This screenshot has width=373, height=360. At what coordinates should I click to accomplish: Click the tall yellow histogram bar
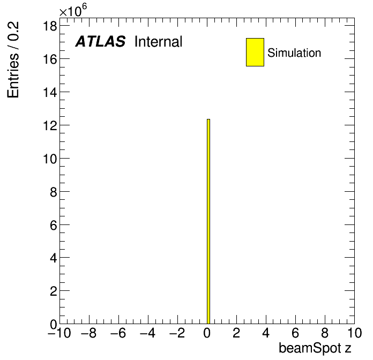pos(208,221)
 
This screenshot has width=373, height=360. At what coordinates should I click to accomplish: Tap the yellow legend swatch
pos(255,52)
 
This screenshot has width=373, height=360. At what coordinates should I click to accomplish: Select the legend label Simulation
pos(294,52)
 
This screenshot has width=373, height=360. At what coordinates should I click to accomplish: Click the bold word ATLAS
pos(100,41)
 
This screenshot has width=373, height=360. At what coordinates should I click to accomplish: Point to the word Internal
pos(159,41)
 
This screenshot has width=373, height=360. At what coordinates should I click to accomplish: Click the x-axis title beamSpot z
pos(315,348)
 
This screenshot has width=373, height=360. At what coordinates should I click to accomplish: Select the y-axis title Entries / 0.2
pos(13,59)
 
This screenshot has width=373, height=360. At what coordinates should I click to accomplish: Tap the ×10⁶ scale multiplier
pos(73,11)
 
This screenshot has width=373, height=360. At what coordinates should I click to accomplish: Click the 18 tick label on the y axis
pos(50,26)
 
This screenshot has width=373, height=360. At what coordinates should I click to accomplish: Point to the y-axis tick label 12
pos(50,125)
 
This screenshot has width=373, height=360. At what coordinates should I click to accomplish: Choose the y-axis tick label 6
pos(54,225)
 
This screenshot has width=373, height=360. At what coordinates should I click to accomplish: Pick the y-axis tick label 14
pos(50,92)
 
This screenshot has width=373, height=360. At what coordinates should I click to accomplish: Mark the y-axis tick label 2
pos(54,291)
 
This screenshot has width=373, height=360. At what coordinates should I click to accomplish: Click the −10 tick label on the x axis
pos(59,333)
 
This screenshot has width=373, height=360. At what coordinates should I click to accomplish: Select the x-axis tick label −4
pos(148,333)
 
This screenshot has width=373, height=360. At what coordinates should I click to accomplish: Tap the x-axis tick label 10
pos(355,333)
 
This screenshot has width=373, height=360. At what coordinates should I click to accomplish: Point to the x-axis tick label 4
pos(266,333)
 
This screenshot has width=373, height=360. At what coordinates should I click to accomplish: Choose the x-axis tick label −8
pos(89,333)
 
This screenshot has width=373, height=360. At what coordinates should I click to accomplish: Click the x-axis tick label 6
pos(295,333)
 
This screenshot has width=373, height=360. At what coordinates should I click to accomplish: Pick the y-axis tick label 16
pos(50,59)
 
